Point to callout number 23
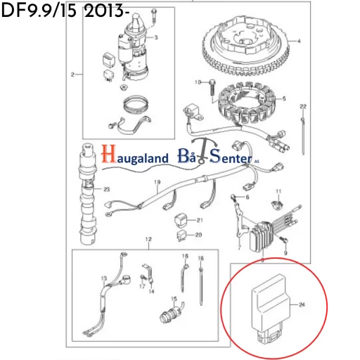[108, 190]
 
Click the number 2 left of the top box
[72, 74]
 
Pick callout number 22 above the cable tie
[303, 106]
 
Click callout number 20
[199, 235]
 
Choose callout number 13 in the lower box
[104, 279]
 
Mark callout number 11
[278, 191]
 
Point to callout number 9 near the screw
[287, 250]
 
